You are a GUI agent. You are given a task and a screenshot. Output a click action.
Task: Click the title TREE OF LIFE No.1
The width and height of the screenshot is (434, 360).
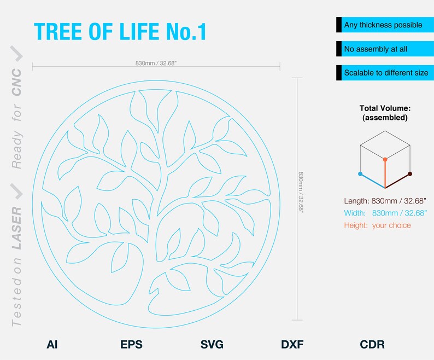pyautogui.click(x=120, y=32)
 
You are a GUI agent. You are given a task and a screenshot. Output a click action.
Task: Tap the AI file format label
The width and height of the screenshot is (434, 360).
pyautogui.click(x=52, y=345)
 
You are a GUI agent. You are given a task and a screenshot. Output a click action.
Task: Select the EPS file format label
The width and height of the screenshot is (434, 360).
pyautogui.click(x=131, y=345)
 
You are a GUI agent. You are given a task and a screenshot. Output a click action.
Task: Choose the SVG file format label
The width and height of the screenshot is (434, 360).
pyautogui.click(x=212, y=345)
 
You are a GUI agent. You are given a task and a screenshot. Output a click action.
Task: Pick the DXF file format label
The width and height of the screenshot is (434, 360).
pyautogui.click(x=292, y=345)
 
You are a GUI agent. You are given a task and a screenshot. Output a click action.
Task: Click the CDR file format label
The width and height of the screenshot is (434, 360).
pyautogui.click(x=372, y=345)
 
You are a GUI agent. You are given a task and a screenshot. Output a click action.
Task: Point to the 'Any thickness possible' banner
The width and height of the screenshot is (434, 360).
pyautogui.click(x=385, y=25)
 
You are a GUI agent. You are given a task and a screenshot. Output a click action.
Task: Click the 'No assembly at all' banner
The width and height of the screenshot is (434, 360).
pyautogui.click(x=385, y=49)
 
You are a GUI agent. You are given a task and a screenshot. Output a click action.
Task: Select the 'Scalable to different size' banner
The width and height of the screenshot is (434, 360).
pyautogui.click(x=385, y=73)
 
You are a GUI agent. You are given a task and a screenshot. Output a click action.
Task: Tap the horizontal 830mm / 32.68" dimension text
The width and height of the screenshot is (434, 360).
pyautogui.click(x=156, y=63)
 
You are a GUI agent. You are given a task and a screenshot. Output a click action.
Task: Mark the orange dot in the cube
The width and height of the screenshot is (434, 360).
pyautogui.click(x=385, y=160)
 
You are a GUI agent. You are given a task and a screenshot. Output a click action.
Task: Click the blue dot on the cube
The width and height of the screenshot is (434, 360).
pyautogui.click(x=360, y=174)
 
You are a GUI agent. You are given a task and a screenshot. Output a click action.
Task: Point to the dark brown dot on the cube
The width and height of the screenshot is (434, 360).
pyautogui.click(x=410, y=174)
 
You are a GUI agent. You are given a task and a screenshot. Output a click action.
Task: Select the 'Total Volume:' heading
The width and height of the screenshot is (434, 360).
pyautogui.click(x=385, y=108)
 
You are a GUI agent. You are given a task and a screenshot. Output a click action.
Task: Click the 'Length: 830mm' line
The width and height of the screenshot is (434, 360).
pyautogui.click(x=385, y=201)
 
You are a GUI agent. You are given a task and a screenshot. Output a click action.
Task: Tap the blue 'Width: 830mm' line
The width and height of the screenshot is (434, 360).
pyautogui.click(x=385, y=213)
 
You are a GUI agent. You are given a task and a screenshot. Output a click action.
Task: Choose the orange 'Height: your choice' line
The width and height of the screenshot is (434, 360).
pyautogui.click(x=377, y=225)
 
